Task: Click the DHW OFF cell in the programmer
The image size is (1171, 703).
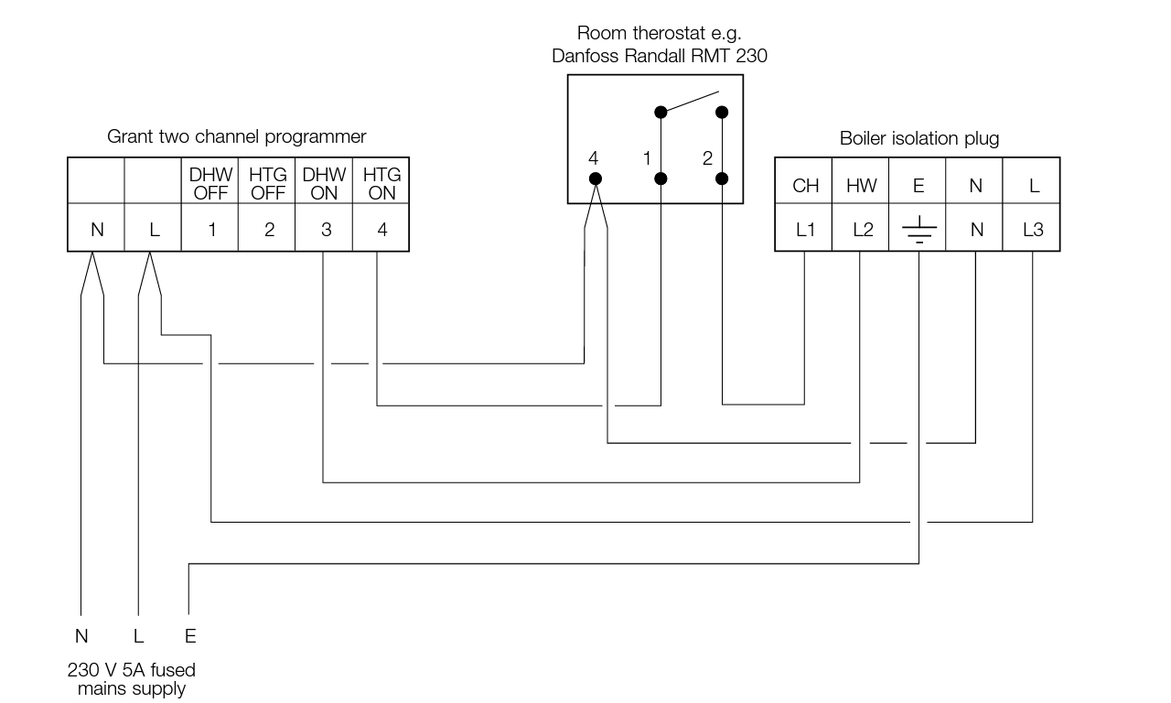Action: (211, 183)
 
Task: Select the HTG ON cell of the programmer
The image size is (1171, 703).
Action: (381, 183)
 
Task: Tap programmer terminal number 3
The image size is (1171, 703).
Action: (326, 230)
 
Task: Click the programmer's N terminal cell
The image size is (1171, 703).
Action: (96, 230)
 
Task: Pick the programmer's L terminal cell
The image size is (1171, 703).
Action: (154, 230)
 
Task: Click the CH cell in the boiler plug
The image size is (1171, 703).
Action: (805, 186)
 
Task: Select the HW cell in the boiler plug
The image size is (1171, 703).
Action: (861, 186)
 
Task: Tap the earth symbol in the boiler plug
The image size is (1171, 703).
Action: (919, 231)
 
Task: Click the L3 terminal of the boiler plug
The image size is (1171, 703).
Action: (1032, 231)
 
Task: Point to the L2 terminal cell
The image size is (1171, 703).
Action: (862, 231)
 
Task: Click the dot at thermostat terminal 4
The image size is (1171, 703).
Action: (595, 178)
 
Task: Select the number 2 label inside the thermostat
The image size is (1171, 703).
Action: (707, 158)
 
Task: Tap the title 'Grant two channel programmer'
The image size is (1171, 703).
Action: (237, 137)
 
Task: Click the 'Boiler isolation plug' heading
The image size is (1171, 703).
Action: (919, 139)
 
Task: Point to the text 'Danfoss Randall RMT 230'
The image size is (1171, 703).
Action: (660, 56)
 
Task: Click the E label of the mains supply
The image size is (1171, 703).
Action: (190, 636)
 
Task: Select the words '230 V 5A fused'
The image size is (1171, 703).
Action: (132, 670)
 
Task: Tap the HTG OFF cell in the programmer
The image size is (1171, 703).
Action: (268, 183)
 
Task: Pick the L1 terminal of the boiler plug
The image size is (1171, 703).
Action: (805, 231)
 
